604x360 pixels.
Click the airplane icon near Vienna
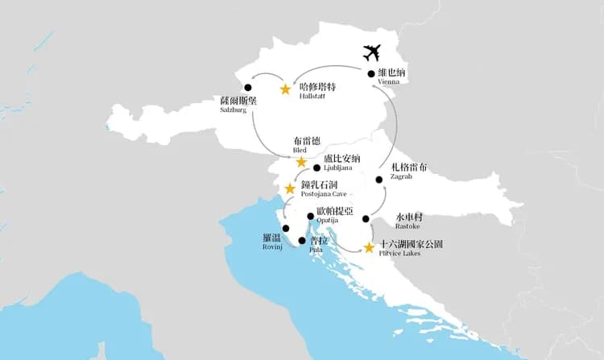(x=371, y=53)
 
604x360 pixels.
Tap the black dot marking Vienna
(x=371, y=74)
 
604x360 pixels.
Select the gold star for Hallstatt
(x=285, y=89)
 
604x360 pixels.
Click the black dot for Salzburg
(x=247, y=87)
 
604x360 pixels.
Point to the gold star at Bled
(x=301, y=162)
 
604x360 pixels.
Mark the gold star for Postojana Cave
(x=290, y=188)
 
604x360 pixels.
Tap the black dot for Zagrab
(x=379, y=179)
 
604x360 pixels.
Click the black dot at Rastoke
(x=366, y=218)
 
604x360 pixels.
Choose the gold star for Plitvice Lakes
(x=369, y=248)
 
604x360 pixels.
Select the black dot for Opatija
(x=311, y=215)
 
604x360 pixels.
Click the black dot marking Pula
(x=302, y=240)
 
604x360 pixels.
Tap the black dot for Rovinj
(x=286, y=228)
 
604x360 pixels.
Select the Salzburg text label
(x=234, y=111)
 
